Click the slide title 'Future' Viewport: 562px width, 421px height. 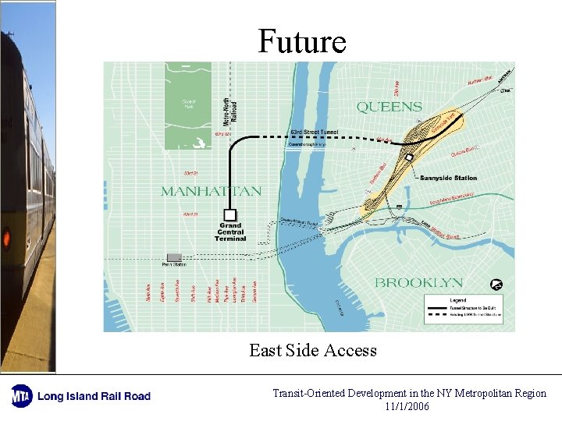pos(302,41)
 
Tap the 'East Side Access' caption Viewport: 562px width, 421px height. pos(313,351)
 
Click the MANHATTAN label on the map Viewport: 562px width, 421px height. pos(211,191)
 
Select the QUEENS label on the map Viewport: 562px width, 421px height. pos(389,107)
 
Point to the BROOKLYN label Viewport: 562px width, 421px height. pos(418,282)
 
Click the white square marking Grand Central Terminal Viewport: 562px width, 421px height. pos(229,214)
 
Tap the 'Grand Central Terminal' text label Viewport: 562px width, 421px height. pos(230,232)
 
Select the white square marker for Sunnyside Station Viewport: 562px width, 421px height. pos(409,158)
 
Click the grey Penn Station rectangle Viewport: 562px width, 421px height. pos(174,257)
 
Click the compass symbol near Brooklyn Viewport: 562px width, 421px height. pos(495,284)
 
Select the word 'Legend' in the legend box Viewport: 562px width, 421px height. pos(458,300)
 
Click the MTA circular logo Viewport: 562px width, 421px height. pos(20,395)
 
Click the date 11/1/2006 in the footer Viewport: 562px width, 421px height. pos(407,406)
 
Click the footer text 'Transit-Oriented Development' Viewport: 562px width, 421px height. pos(340,393)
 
